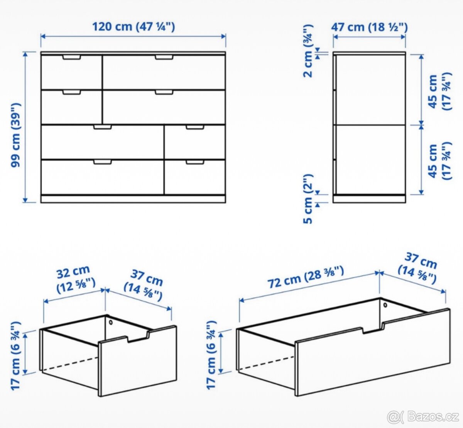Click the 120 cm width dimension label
133,27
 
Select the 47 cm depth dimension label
369,27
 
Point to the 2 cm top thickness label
308,51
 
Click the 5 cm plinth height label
308,199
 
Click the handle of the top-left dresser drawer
71,57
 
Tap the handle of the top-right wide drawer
164,57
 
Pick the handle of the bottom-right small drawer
195,162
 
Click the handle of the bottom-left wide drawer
102,162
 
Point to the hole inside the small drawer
111,321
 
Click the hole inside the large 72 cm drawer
385,305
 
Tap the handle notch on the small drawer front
138,338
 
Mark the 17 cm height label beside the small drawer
16,355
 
